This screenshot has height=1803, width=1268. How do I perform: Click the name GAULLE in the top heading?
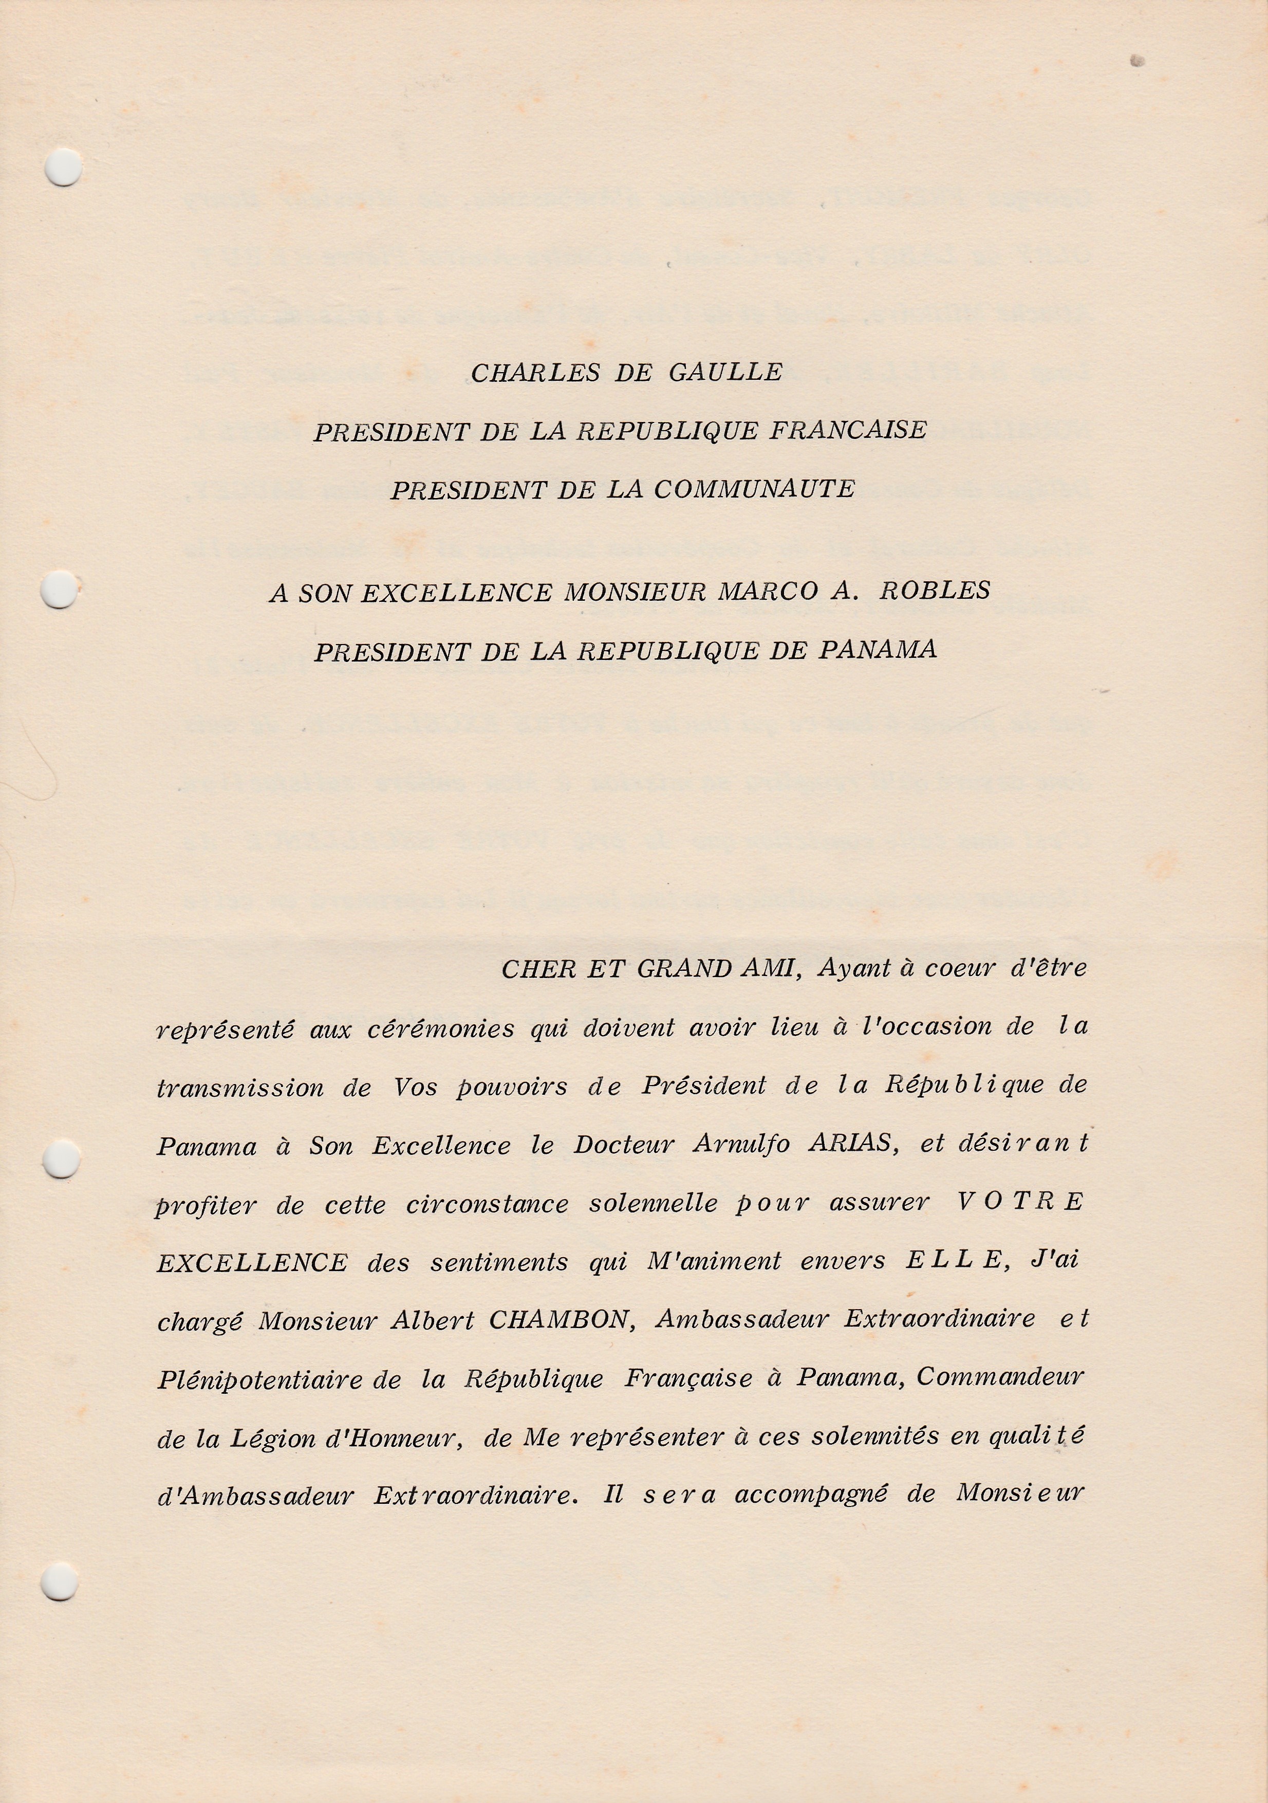(x=725, y=372)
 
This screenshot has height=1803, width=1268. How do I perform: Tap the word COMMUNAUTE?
(x=755, y=489)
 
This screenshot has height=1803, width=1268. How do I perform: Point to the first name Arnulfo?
(x=741, y=1145)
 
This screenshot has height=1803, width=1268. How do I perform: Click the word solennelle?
(x=653, y=1204)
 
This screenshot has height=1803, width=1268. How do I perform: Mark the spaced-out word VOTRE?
(x=1020, y=1202)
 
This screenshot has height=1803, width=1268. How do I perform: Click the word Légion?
(x=265, y=1439)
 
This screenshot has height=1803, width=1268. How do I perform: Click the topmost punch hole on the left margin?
(x=63, y=167)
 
